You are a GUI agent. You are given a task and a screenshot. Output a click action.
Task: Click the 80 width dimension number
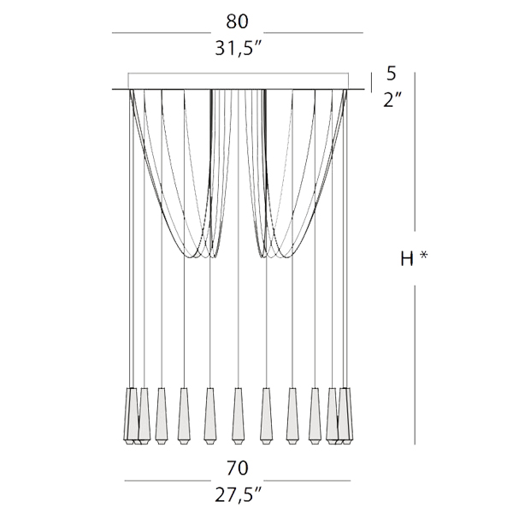pos(237,21)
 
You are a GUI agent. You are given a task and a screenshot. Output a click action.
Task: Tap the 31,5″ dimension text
pos(239,49)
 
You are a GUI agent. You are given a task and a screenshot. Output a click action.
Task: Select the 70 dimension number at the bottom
pos(237,469)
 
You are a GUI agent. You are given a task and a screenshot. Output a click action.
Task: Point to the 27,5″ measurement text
pos(239,495)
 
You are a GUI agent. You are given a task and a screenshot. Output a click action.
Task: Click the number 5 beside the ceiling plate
pos(392,74)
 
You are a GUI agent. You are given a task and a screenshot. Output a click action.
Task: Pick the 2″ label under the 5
pos(392,99)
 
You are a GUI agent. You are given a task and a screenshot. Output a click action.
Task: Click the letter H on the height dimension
pos(407,259)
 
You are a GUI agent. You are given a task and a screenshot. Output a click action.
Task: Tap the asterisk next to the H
pos(424,255)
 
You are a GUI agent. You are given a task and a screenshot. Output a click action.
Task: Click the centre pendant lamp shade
pos(238,416)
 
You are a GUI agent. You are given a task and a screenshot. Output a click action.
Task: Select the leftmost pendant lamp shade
pos(131,416)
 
